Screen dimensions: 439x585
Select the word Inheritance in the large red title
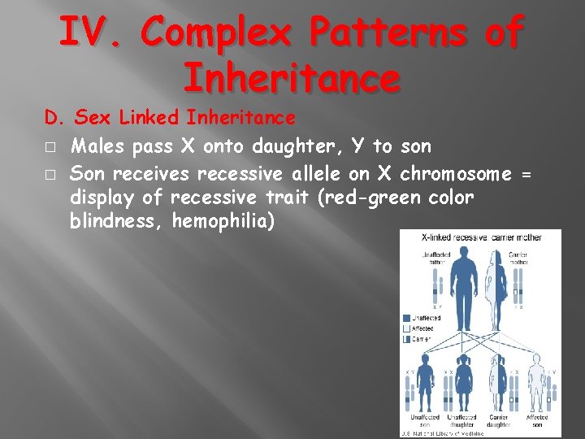click(292, 78)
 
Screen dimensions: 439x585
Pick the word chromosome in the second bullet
click(456, 174)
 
